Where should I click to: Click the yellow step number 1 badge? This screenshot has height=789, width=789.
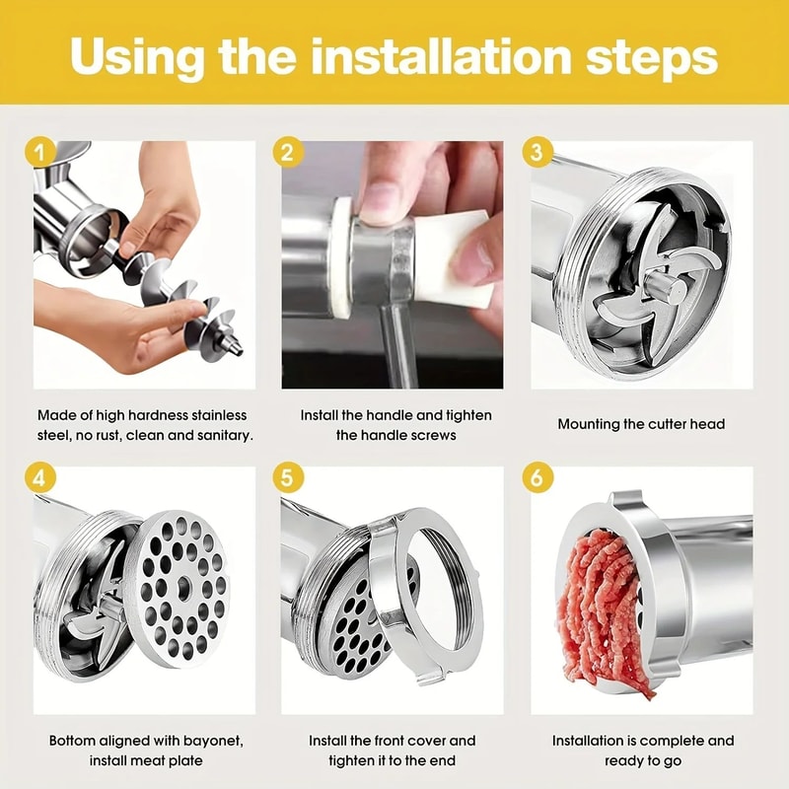click(40, 152)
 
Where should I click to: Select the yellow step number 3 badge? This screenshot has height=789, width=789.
click(537, 152)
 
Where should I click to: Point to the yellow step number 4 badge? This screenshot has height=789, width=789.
click(40, 477)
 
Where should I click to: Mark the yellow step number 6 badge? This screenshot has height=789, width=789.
click(537, 477)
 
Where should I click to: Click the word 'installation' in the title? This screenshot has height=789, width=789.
click(439, 56)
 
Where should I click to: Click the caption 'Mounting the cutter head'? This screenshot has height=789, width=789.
click(641, 424)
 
